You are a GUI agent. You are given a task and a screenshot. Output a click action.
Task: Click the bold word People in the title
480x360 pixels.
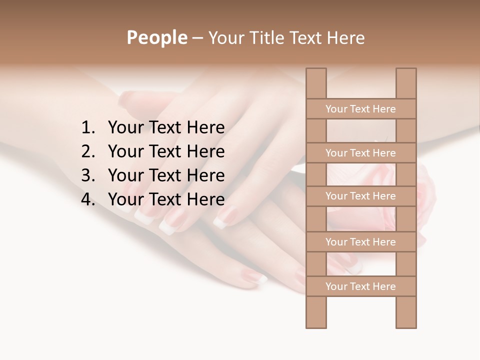coord(156,37)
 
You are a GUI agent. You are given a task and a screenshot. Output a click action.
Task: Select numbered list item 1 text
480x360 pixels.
coord(166,128)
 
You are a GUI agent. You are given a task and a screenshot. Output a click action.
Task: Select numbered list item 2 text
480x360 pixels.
coord(166,151)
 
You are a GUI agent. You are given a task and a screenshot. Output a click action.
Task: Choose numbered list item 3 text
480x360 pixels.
coord(166,175)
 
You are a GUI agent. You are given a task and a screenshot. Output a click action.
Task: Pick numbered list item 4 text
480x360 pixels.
coord(166,199)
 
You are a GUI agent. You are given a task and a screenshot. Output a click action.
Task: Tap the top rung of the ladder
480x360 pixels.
coord(360,109)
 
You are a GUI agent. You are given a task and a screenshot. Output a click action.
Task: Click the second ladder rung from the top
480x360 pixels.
coord(360,153)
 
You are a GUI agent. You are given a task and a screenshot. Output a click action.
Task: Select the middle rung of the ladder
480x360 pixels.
coord(360,196)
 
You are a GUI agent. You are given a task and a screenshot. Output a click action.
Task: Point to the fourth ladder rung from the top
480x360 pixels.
coord(360,242)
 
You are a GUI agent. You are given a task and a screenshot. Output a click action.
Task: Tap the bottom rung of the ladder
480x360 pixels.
coord(360,286)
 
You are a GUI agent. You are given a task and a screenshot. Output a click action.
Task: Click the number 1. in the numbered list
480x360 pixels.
coord(88,128)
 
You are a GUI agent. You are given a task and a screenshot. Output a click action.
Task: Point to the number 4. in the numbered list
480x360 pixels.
coord(88,199)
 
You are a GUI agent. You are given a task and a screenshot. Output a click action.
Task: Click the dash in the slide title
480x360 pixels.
coord(197,38)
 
